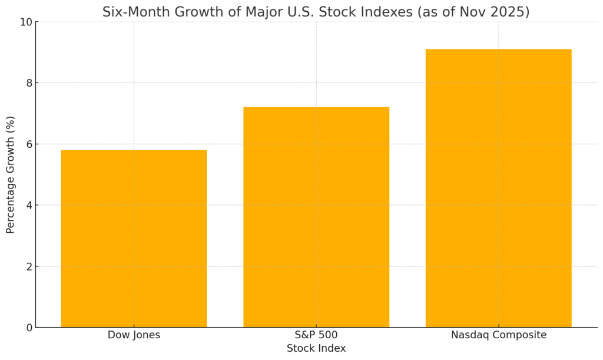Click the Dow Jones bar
134,239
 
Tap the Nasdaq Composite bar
498,188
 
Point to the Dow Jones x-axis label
134,335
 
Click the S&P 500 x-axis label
316,335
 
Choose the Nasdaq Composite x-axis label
498,335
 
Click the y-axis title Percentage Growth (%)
11,174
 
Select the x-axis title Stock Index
316,348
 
